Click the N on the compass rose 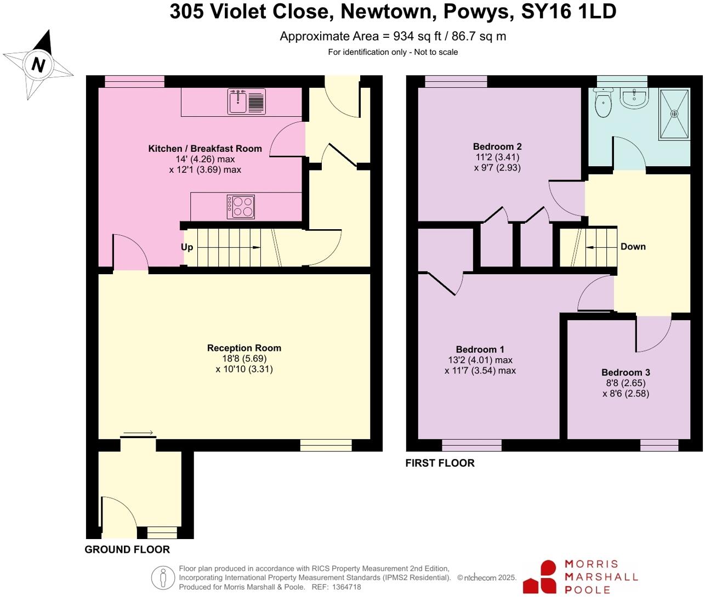click(38, 65)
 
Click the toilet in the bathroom click(603, 104)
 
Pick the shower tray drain click(674, 114)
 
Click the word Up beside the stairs click(187, 247)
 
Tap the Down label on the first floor click(633, 247)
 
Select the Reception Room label click(244, 348)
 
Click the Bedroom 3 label click(626, 373)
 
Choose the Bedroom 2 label click(497, 146)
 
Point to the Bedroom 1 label click(480, 350)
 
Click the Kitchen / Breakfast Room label click(205, 149)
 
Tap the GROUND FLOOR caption click(127, 549)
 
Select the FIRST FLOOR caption click(440, 463)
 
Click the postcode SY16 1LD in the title click(568, 12)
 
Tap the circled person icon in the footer click(163, 577)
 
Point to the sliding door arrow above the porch click(138, 434)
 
